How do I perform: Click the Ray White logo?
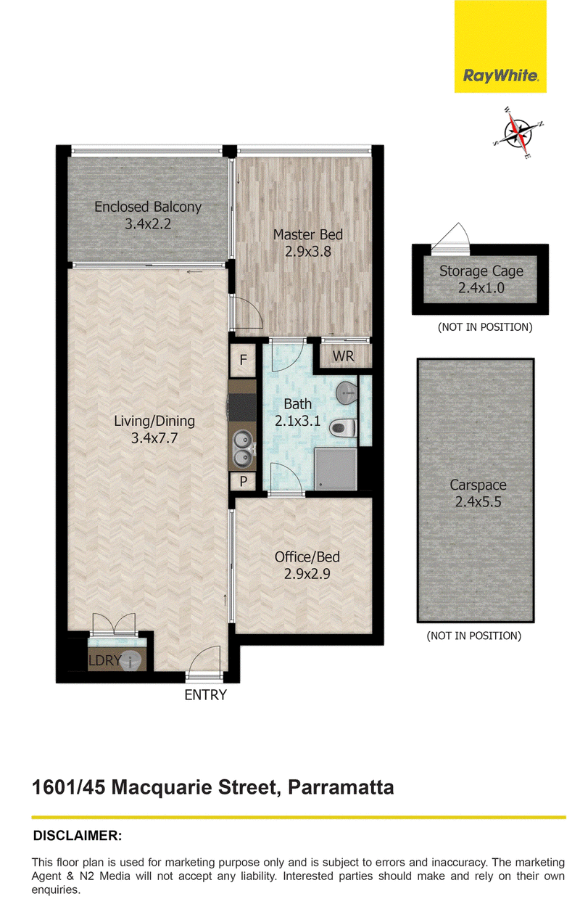500,46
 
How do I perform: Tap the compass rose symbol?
518,132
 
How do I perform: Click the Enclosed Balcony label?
148,207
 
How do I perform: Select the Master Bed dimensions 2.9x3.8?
307,252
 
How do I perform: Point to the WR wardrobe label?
343,356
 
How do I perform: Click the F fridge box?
243,360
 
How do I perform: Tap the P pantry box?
243,482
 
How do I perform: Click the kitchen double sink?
242,448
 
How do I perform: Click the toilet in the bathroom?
343,428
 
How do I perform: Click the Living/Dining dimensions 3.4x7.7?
154,438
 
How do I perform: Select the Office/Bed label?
307,557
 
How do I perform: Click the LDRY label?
104,660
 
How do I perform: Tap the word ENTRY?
206,695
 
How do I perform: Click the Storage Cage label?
481,271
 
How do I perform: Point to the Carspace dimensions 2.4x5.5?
478,502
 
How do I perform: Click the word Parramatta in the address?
341,787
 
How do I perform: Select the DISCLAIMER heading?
78,835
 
